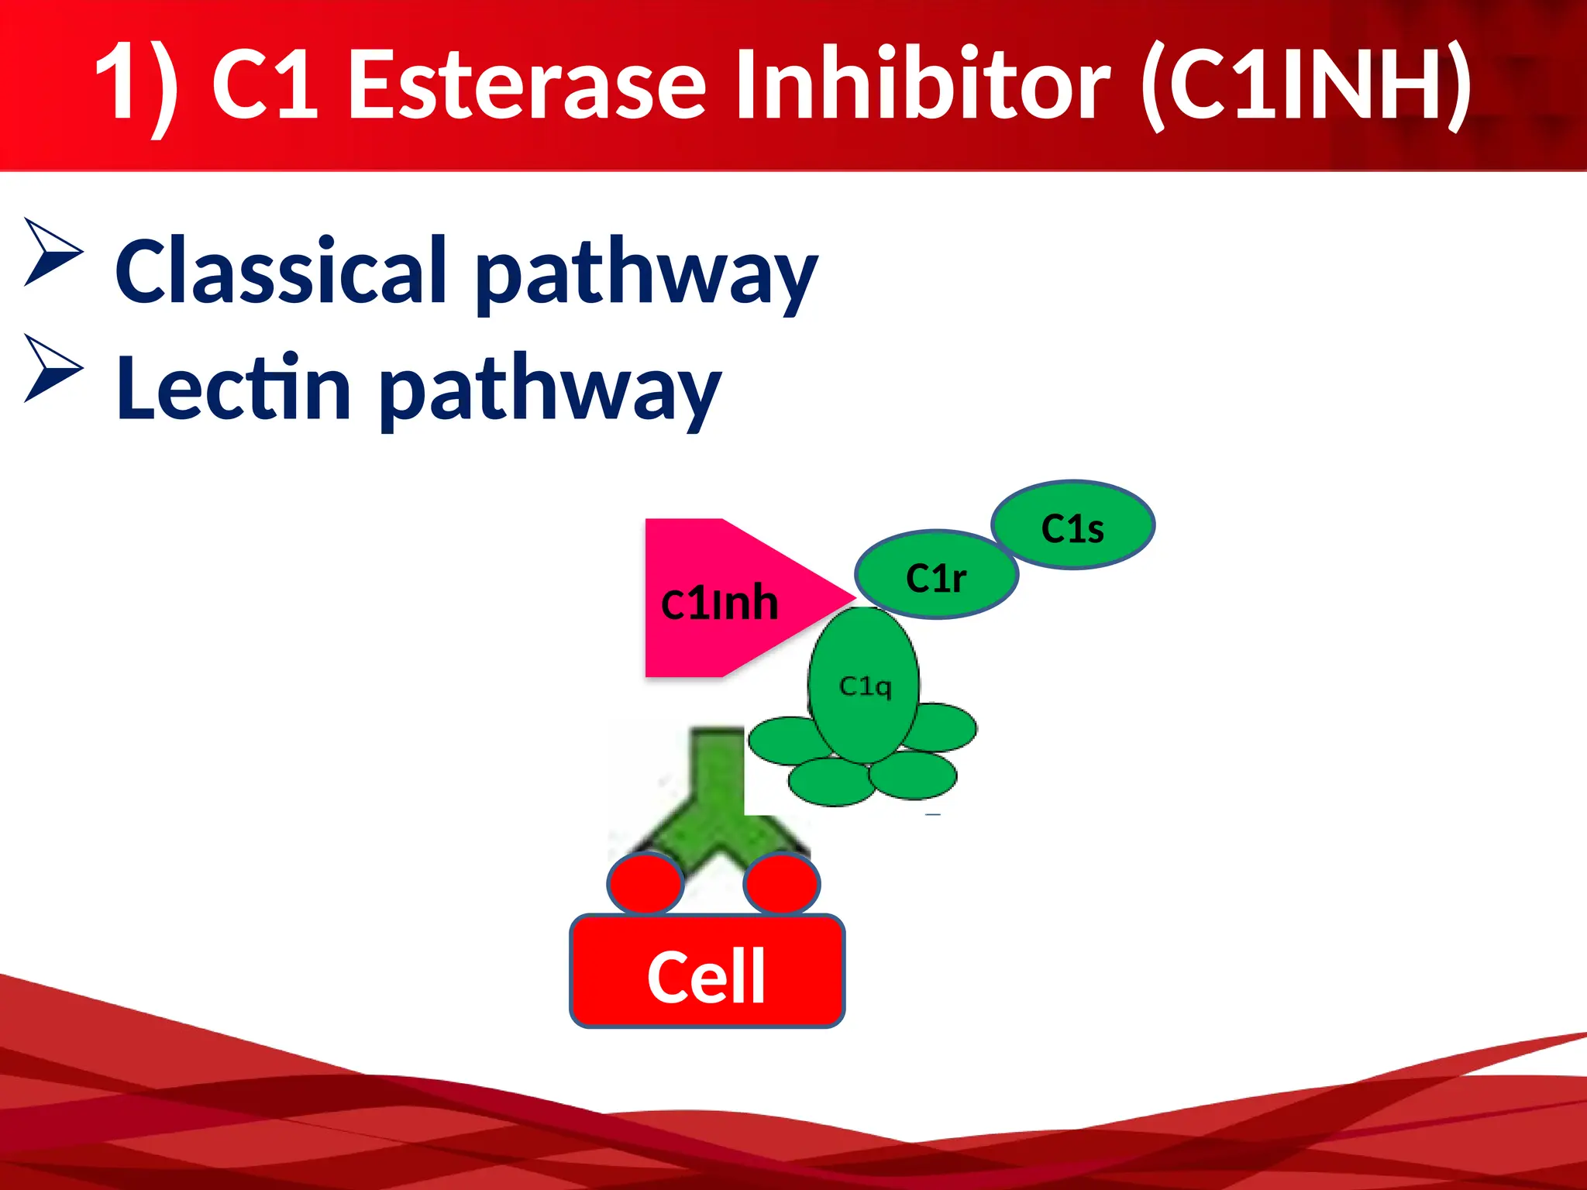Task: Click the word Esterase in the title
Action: pyautogui.click(x=527, y=84)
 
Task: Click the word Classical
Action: pyautogui.click(x=281, y=271)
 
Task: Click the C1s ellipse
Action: pyautogui.click(x=1073, y=526)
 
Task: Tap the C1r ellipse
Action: pyautogui.click(x=936, y=576)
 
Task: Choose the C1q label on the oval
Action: pyautogui.click(x=866, y=686)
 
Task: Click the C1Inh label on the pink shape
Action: pyautogui.click(x=719, y=603)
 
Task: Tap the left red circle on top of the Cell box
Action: pyautogui.click(x=645, y=883)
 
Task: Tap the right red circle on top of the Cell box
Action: pyautogui.click(x=781, y=883)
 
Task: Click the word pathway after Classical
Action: pyautogui.click(x=646, y=275)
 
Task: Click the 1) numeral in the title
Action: pyautogui.click(x=136, y=84)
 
